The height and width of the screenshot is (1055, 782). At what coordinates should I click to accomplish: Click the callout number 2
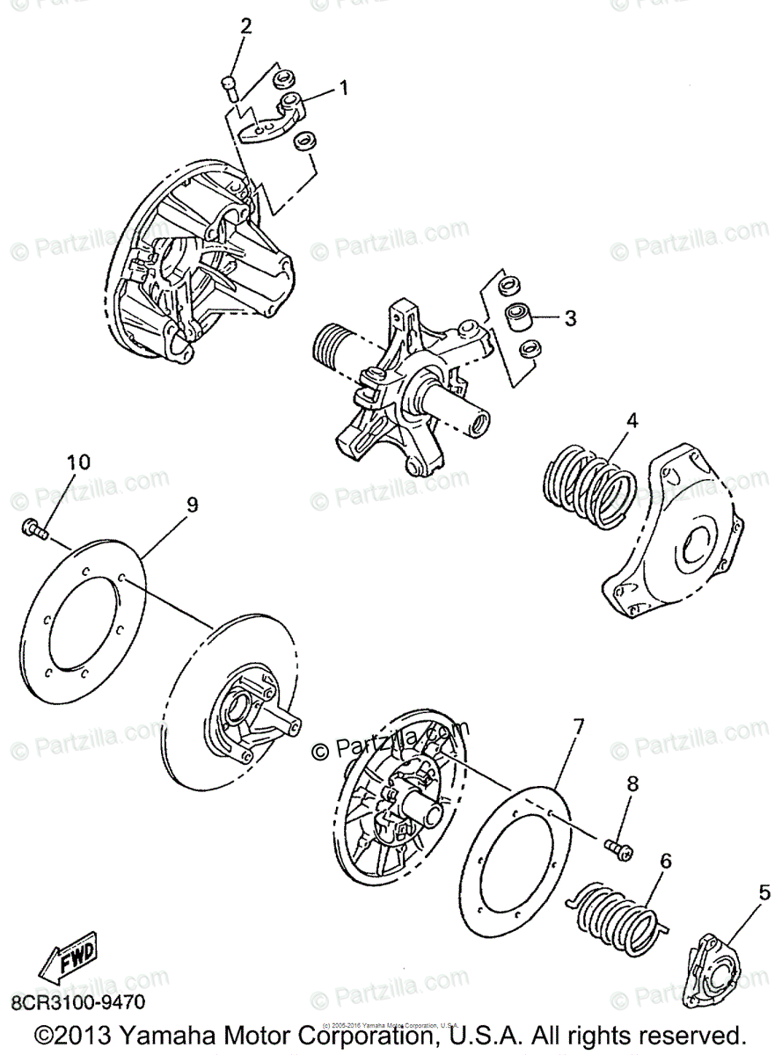click(x=245, y=25)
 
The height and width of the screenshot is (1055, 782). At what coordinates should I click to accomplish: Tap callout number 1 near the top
click(x=344, y=88)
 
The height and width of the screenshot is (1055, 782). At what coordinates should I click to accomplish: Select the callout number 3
click(x=570, y=318)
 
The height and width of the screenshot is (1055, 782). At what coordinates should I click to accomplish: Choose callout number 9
click(x=192, y=504)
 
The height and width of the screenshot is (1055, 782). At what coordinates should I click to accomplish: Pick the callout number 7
click(x=578, y=728)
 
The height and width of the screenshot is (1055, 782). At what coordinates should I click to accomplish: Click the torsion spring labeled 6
click(x=616, y=914)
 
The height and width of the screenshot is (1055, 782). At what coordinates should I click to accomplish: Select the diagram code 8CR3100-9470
click(x=77, y=1002)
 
